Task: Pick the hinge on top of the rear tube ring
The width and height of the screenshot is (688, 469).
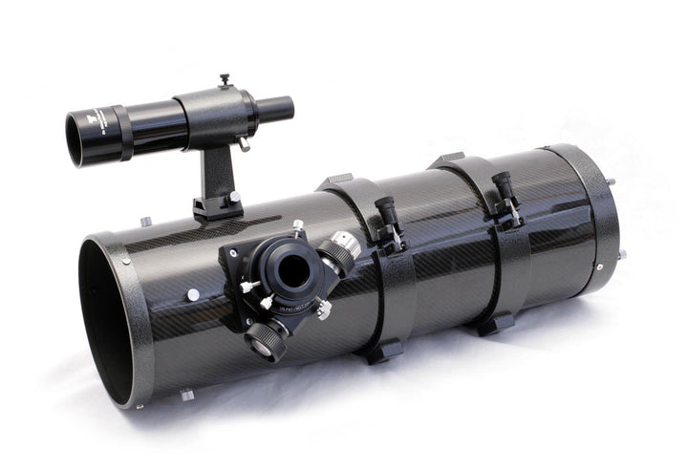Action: pos(449,160)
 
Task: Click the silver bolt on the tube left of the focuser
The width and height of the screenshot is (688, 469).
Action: pos(193,295)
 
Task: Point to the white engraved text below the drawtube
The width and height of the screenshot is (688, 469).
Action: pos(281,303)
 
